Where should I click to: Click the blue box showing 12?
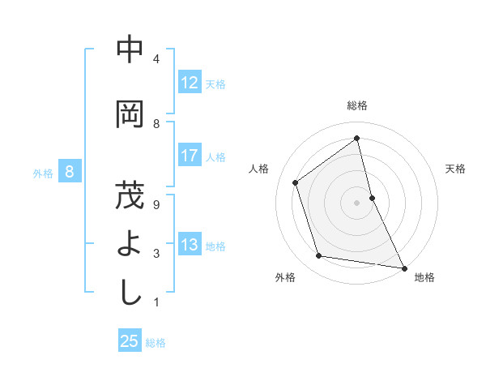tap(190, 83)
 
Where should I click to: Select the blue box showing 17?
tap(190, 156)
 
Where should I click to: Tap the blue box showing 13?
tap(190, 246)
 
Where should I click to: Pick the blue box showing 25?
tap(130, 341)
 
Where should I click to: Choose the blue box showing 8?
tap(70, 172)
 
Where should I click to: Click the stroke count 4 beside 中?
tap(156, 59)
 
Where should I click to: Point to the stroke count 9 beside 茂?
tap(156, 204)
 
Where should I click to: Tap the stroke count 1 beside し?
tap(156, 302)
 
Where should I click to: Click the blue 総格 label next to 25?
tap(156, 343)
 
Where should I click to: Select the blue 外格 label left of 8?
tap(42, 173)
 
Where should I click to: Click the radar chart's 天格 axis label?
tap(455, 169)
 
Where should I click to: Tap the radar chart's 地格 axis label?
tap(424, 277)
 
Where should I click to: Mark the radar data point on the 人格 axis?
tap(296, 182)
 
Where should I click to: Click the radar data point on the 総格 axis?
tap(356, 139)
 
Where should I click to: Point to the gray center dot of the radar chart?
tap(356, 202)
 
